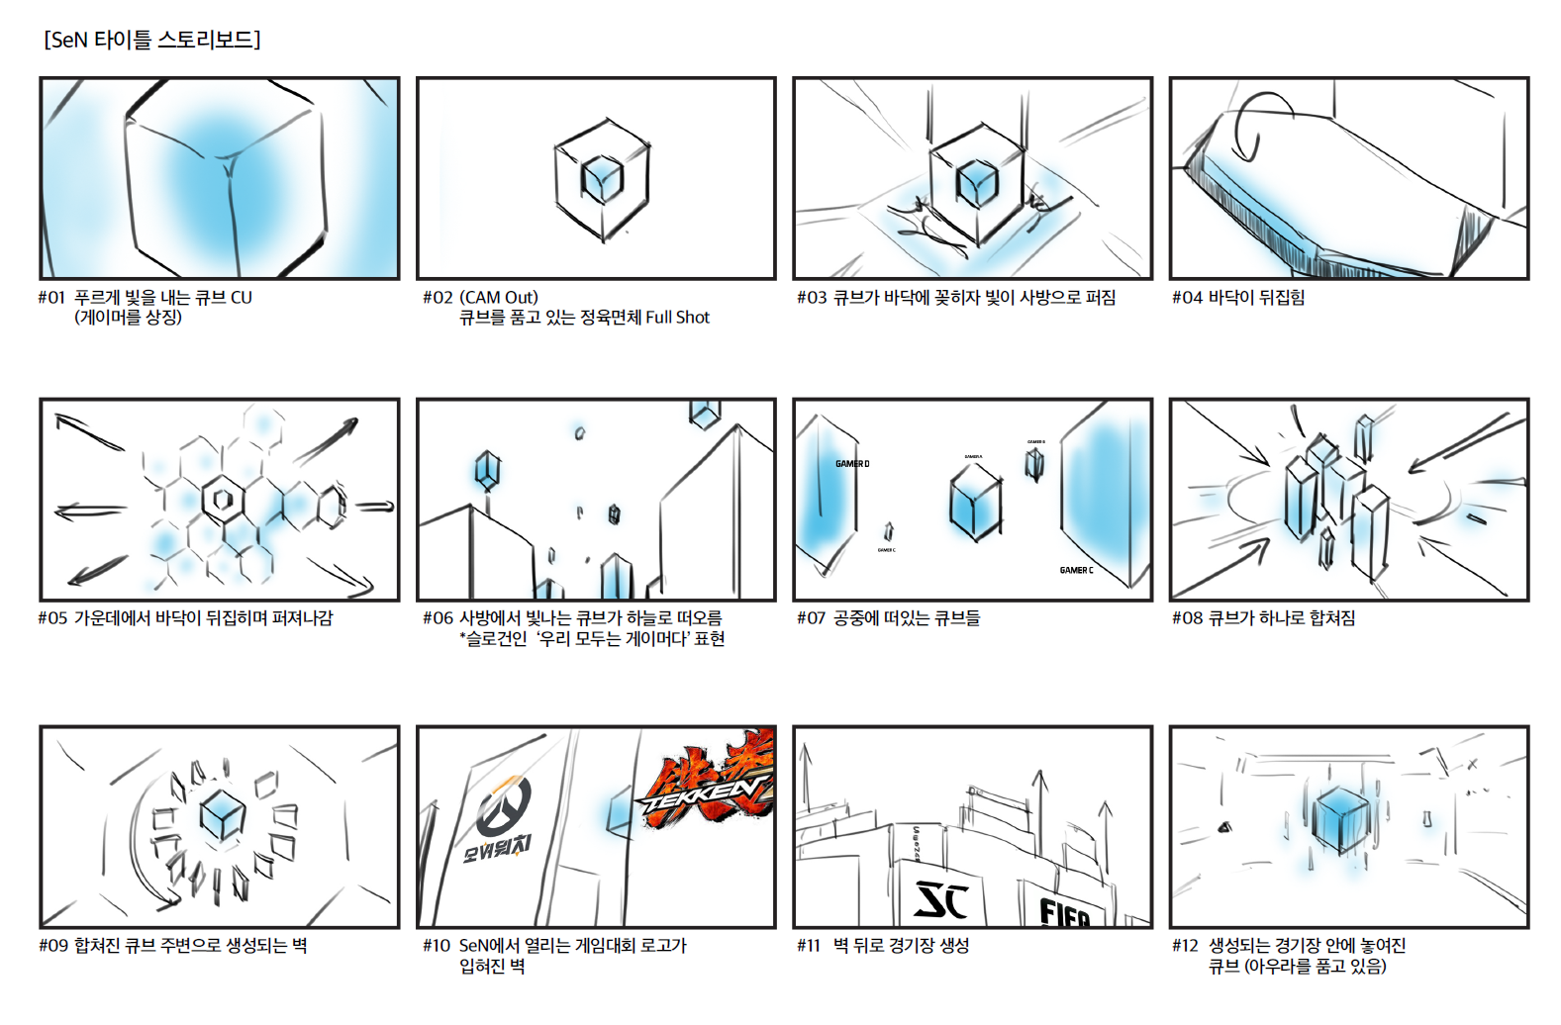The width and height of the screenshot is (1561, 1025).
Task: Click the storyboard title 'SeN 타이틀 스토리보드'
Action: click(151, 40)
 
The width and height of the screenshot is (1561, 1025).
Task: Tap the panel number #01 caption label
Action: click(51, 298)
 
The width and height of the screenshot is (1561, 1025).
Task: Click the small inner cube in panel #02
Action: click(601, 180)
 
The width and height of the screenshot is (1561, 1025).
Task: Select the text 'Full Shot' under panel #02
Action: click(677, 318)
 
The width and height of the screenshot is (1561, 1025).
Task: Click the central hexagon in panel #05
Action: click(223, 500)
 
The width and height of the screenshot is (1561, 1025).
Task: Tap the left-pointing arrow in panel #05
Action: click(90, 512)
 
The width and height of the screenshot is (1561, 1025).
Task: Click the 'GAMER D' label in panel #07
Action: click(851, 464)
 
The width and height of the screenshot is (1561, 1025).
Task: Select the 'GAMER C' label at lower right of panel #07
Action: click(1076, 571)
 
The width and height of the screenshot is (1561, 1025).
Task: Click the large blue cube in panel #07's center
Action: click(975, 503)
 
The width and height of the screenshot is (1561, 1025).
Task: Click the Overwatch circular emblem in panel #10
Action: click(504, 805)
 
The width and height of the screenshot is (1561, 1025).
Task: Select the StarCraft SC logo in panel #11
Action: click(940, 900)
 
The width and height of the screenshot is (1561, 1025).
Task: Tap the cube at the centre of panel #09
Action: click(222, 816)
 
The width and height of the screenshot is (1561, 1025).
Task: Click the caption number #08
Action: click(1187, 618)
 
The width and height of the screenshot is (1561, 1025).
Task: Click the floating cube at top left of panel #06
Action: click(487, 470)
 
